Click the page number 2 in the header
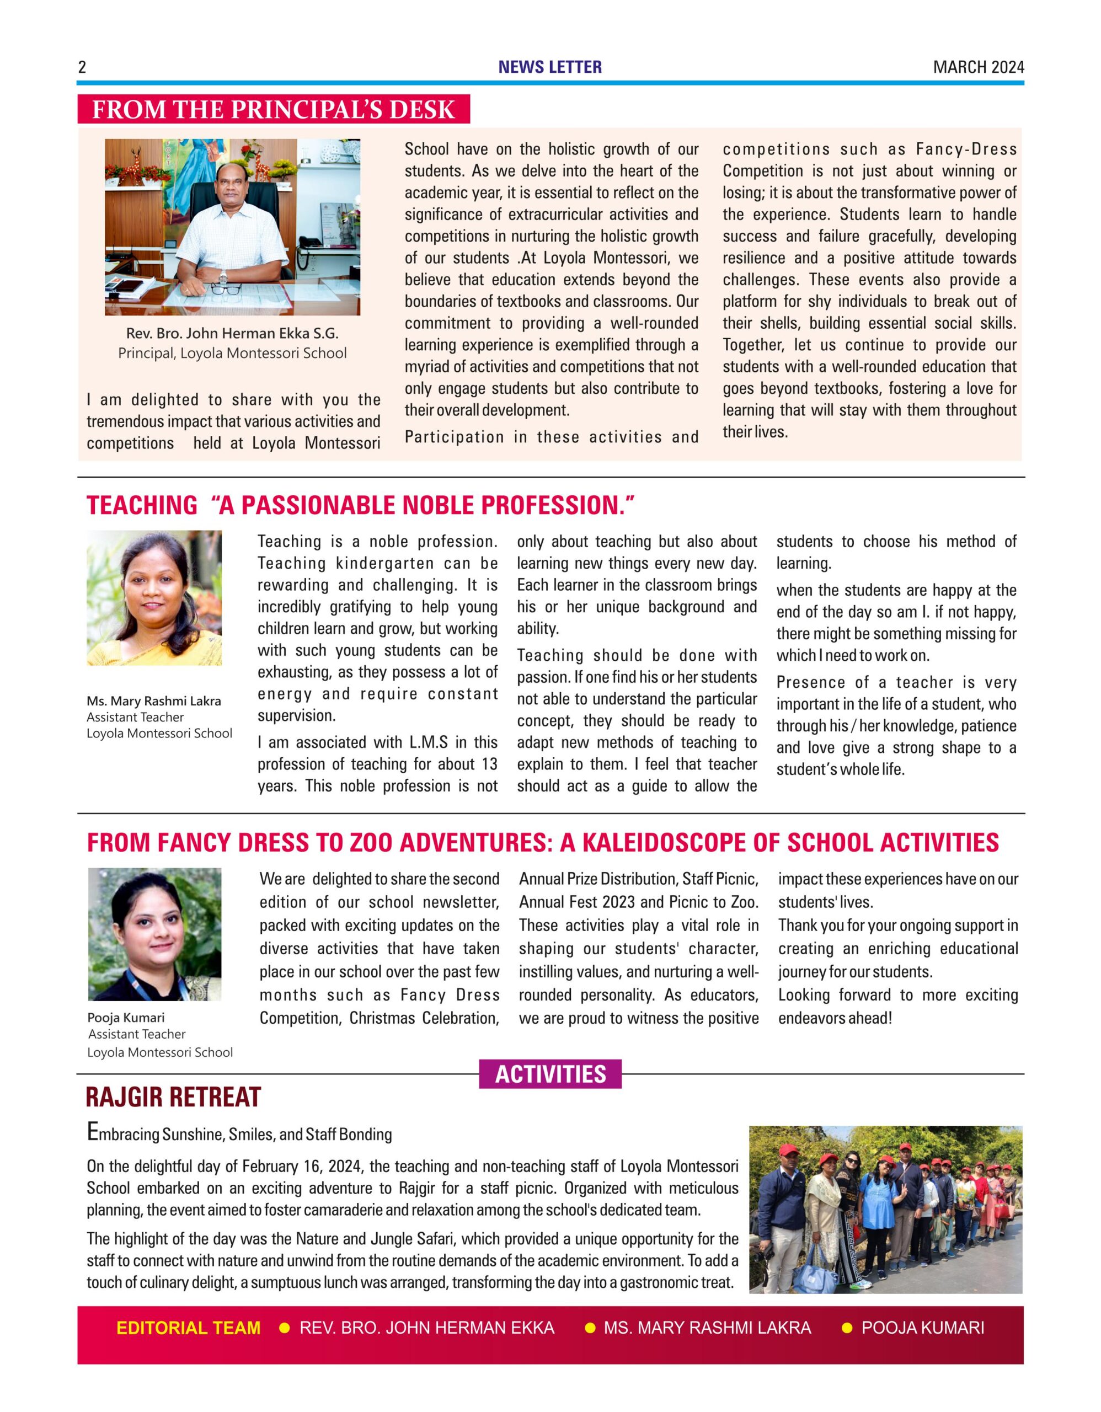[82, 67]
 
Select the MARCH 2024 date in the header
[978, 67]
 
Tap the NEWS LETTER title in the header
[549, 67]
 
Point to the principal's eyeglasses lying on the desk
[225, 288]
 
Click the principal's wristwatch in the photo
[223, 278]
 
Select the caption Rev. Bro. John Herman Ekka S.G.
[232, 334]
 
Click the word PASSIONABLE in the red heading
[317, 506]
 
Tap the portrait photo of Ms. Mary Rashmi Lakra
[154, 598]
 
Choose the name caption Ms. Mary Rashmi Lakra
[154, 701]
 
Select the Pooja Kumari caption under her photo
[126, 1017]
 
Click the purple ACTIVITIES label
[550, 1074]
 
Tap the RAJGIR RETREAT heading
[173, 1097]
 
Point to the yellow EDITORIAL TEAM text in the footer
[188, 1328]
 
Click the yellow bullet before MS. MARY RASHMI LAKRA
[590, 1328]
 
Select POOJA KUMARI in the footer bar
[923, 1328]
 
